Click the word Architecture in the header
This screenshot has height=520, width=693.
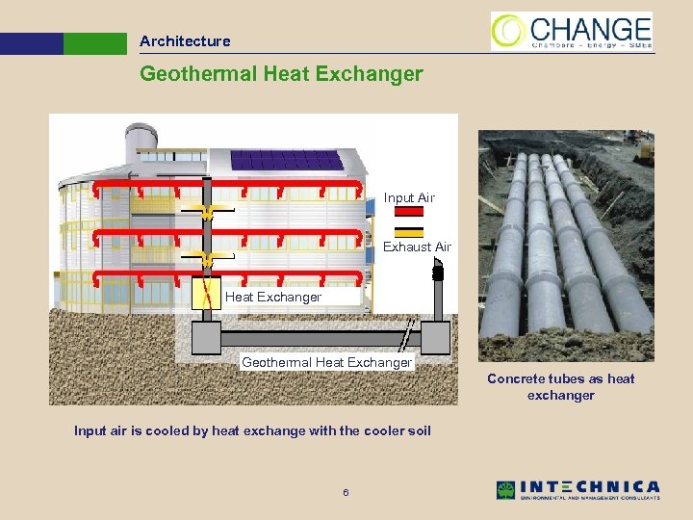(185, 41)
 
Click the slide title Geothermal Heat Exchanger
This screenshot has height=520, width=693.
(281, 74)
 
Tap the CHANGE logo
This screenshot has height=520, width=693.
(571, 31)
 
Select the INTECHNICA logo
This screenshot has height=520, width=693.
(577, 490)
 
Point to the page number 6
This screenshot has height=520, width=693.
(346, 494)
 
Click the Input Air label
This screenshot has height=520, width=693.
(409, 197)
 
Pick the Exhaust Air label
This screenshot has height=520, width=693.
(417, 247)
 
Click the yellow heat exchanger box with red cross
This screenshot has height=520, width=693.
(206, 293)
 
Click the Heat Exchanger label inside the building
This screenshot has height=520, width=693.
(273, 297)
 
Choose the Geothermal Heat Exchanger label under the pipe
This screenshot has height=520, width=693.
(326, 362)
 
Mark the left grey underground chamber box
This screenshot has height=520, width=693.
(206, 337)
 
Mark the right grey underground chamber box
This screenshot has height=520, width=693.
(436, 337)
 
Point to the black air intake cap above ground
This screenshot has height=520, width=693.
(438, 273)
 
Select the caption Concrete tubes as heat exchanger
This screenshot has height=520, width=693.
(560, 386)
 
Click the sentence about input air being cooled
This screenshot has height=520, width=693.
(252, 430)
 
